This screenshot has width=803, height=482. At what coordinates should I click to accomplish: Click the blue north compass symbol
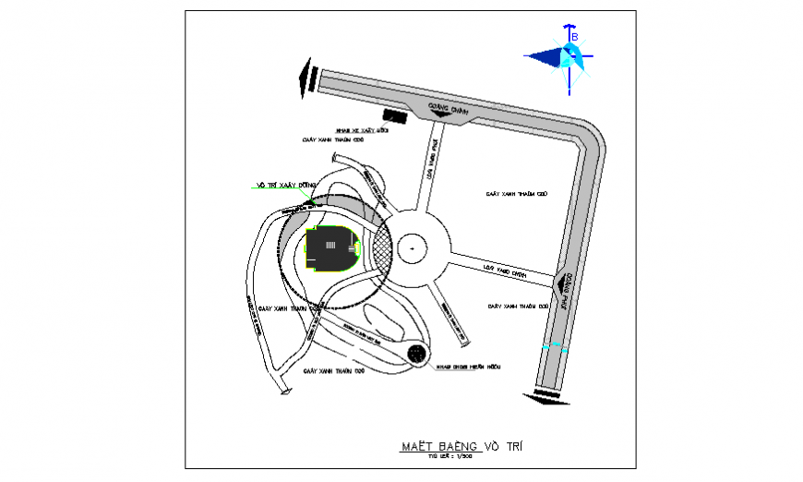565,58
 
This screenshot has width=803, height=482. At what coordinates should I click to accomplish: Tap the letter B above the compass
574,36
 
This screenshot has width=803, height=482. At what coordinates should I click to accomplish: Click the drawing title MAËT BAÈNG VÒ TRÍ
461,447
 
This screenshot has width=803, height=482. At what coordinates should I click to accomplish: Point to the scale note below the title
456,456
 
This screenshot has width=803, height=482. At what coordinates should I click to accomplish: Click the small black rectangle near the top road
395,117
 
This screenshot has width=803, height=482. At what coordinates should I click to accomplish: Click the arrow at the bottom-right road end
544,398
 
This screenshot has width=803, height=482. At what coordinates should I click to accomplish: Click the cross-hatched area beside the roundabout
380,248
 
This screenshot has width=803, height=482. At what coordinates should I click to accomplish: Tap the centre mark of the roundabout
411,247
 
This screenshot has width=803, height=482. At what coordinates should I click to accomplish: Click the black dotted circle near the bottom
418,354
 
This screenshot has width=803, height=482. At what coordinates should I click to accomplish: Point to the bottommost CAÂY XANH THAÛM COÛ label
334,369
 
